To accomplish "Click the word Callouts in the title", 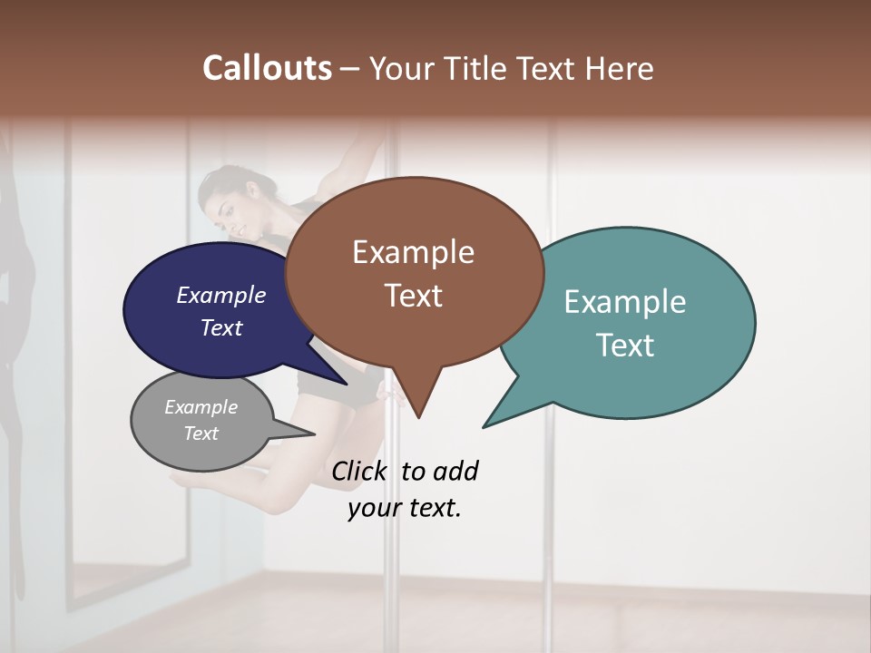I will click(268, 68).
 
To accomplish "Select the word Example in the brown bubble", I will click(413, 252).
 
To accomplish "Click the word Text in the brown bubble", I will click(413, 296).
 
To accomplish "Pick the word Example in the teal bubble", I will click(625, 302).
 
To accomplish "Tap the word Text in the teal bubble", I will click(625, 346).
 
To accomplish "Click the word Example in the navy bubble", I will click(221, 295).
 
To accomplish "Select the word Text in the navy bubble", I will click(221, 327).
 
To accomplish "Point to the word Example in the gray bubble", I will click(201, 407).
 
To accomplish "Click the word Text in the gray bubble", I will click(201, 434).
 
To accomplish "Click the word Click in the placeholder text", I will click(359, 471).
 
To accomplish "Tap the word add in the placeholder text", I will click(455, 471).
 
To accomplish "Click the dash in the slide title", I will click(351, 68).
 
